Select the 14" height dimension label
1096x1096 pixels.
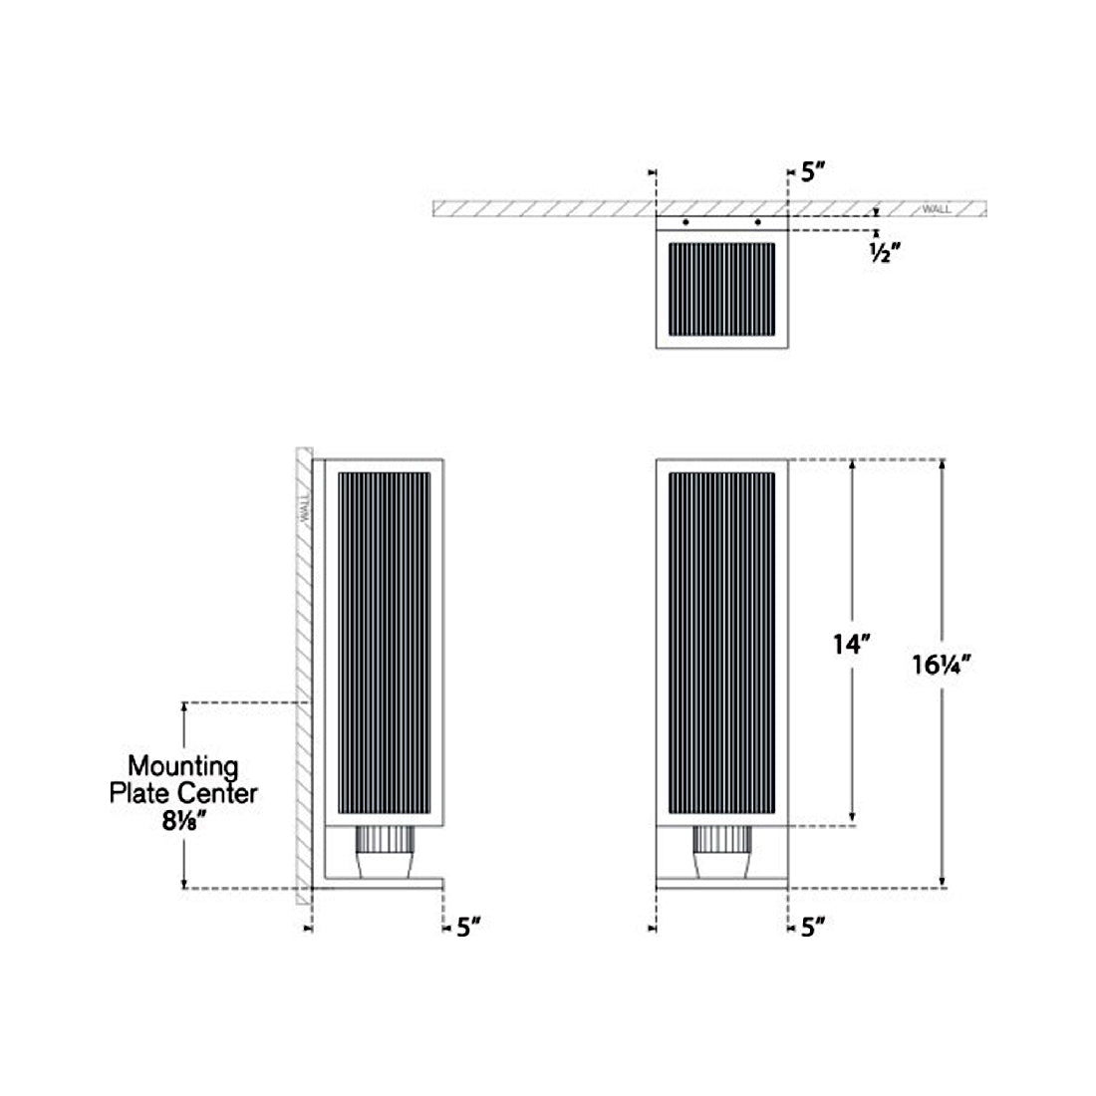tap(852, 645)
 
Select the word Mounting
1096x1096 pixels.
tap(182, 766)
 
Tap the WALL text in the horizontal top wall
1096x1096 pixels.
tap(936, 209)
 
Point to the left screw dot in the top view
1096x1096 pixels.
tap(685, 221)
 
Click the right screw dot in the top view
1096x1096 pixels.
tap(758, 221)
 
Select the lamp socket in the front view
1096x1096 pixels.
tap(722, 852)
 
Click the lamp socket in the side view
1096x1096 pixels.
tap(385, 852)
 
